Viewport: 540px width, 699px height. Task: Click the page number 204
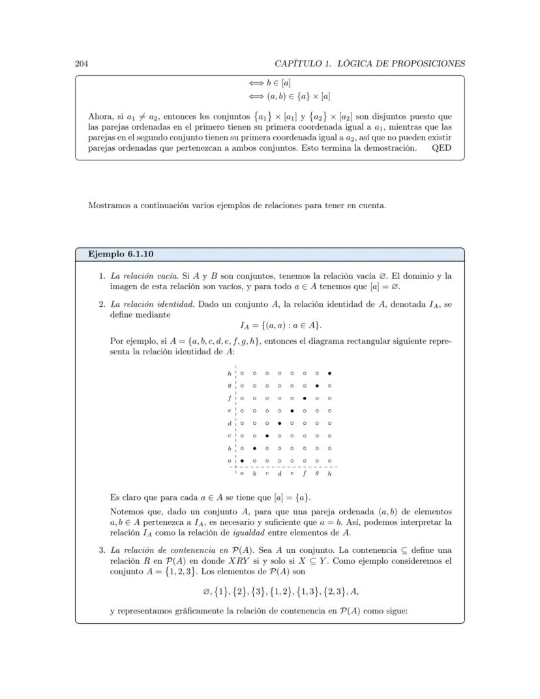tap(82, 63)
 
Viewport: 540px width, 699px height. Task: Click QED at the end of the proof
tap(442, 148)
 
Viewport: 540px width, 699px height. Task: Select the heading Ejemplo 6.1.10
tap(121, 254)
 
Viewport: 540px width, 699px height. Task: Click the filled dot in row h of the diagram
tap(329, 373)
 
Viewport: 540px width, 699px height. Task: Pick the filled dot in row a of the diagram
tap(242, 461)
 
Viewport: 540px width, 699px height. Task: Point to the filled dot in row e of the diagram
tap(292, 411)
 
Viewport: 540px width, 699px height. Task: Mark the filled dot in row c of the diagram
tap(267, 435)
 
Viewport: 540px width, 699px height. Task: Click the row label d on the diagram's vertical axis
tap(230, 423)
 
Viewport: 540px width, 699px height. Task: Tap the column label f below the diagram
tap(305, 473)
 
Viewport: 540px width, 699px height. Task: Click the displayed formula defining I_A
tap(280, 325)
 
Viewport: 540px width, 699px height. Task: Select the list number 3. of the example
tap(102, 550)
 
